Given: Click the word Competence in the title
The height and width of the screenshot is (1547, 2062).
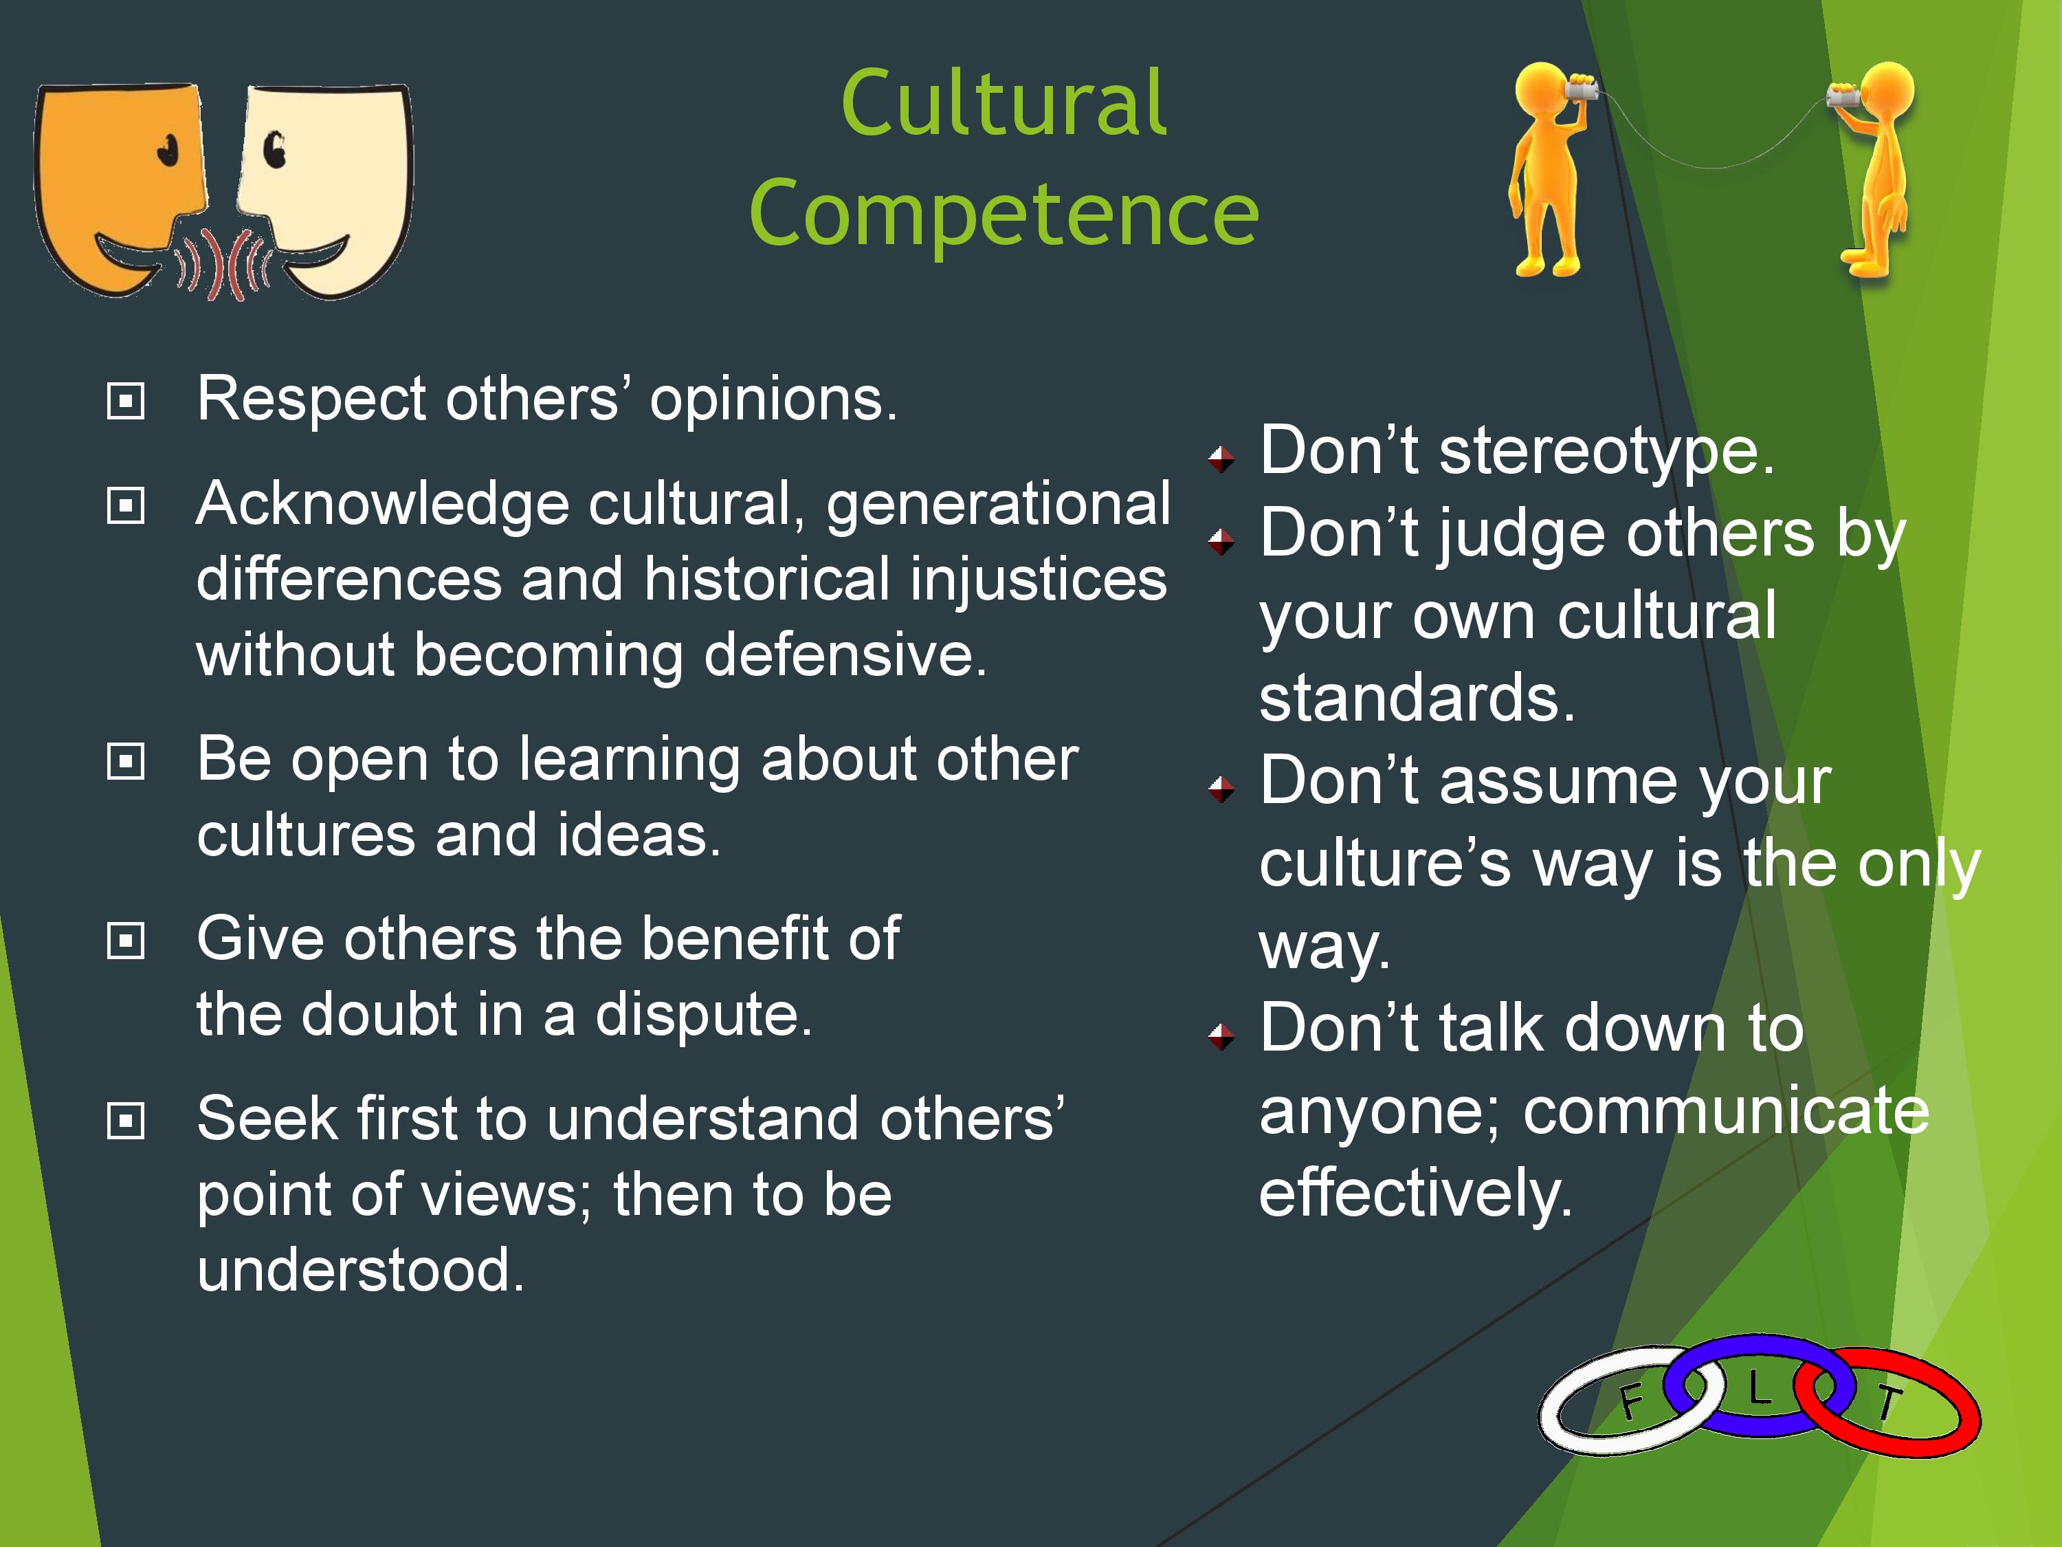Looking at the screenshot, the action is (x=1004, y=214).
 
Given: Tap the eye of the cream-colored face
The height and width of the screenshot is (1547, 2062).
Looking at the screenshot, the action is (x=274, y=149).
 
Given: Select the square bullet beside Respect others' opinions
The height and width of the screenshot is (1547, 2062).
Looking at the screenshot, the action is (x=126, y=402).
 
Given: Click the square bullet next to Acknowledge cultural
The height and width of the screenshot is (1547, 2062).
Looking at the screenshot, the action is (x=126, y=506).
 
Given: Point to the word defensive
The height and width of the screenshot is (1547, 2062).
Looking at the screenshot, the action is (x=845, y=655).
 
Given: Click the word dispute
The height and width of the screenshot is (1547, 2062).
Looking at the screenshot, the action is (x=704, y=1016).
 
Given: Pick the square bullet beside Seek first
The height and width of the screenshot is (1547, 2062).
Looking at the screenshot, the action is (x=126, y=1121).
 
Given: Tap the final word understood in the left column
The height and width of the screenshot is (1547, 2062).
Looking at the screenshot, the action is (x=361, y=1270).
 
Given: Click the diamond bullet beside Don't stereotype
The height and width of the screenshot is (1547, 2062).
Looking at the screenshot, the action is (x=1221, y=459).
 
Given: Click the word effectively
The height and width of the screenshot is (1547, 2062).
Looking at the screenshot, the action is (x=1415, y=1194).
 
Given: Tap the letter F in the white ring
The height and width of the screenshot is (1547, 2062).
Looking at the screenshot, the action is (x=1630, y=1401).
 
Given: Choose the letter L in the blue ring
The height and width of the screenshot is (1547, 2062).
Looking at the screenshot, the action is (x=1758, y=1390).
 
